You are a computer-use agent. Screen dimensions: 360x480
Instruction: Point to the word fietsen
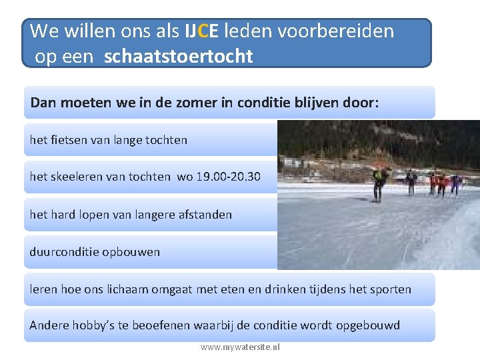[x=67, y=140]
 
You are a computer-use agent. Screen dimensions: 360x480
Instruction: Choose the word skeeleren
[x=81, y=177]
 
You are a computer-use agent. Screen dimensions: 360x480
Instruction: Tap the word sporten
[x=391, y=289]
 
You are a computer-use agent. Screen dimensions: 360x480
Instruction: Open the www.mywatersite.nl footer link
[x=240, y=347]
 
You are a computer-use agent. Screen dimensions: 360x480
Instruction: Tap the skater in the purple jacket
[x=457, y=182]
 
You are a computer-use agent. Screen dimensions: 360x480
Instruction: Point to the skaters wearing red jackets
[x=438, y=182]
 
